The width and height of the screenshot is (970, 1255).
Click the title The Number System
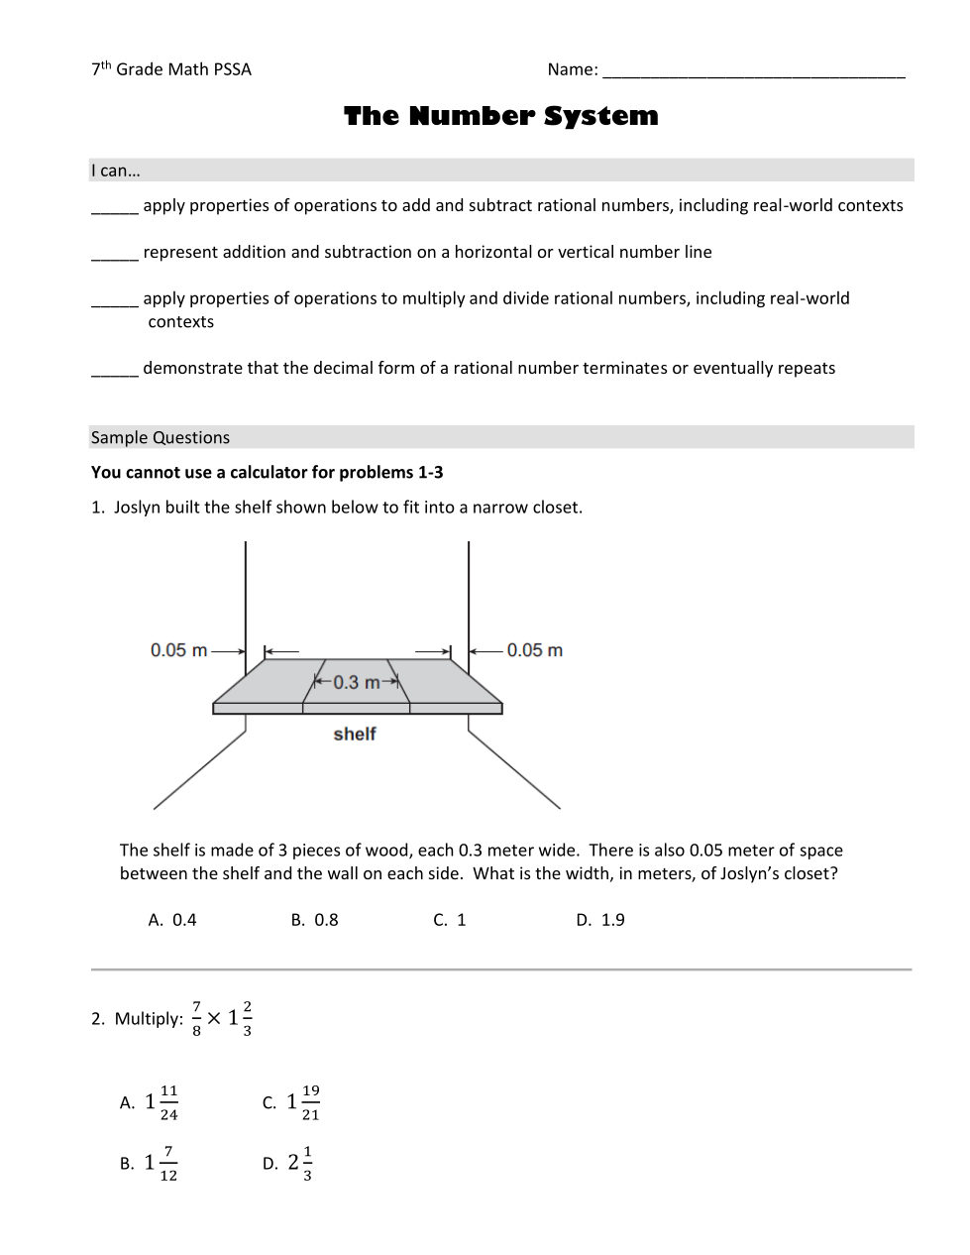pyautogui.click(x=500, y=116)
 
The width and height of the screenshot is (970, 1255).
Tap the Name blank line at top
pyautogui.click(x=753, y=72)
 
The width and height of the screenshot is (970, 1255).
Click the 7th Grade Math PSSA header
pyautogui.click(x=171, y=69)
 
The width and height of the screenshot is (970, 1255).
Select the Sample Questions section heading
pyautogui.click(x=161, y=437)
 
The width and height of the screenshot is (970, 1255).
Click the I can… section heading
pyautogui.click(x=116, y=171)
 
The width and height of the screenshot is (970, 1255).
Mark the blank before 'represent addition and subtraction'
pyautogui.click(x=114, y=255)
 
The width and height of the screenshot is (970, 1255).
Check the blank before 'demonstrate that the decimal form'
pyautogui.click(x=114, y=371)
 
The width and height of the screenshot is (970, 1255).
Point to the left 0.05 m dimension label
pyautogui.click(x=179, y=650)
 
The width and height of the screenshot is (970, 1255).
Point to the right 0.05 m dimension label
pyautogui.click(x=534, y=650)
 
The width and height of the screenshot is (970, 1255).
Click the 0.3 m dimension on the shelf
pyautogui.click(x=356, y=682)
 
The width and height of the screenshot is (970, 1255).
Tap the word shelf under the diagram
pyautogui.click(x=355, y=734)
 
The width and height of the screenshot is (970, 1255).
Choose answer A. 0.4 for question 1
pyautogui.click(x=172, y=920)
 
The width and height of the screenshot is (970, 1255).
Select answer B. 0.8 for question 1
pyautogui.click(x=314, y=920)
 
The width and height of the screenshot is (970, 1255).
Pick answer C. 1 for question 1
pyautogui.click(x=449, y=920)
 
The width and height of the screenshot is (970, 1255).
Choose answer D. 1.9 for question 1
pyautogui.click(x=600, y=920)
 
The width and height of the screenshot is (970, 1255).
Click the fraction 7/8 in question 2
pyautogui.click(x=196, y=1018)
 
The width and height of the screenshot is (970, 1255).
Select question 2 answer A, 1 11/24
pyautogui.click(x=150, y=1102)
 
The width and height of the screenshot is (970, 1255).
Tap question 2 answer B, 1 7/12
pyautogui.click(x=150, y=1163)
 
